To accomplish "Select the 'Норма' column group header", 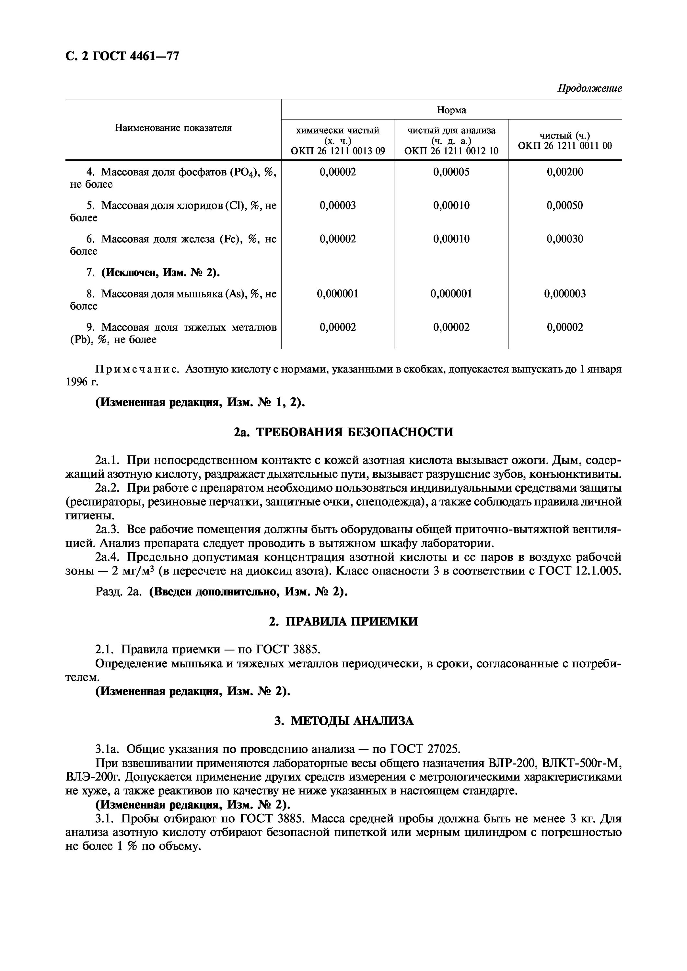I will point(451,110).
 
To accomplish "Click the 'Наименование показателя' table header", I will point(173,128).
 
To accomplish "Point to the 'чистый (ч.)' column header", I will point(565,140).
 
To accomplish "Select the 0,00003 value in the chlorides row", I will point(337,206).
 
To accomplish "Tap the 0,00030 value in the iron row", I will point(565,239).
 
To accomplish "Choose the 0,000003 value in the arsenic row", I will point(565,294).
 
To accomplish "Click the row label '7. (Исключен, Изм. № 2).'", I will point(153,273).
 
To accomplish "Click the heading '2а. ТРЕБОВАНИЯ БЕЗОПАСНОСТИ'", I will point(343,432).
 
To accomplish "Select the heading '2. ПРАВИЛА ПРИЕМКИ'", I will point(343,621).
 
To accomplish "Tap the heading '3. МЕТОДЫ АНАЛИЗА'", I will point(343,720).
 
